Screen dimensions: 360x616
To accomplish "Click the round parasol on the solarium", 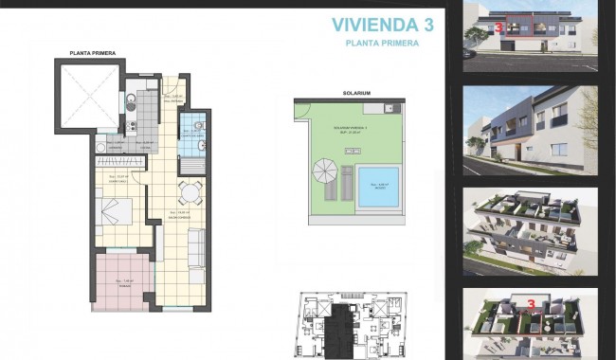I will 325,172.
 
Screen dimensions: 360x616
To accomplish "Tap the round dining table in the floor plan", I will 191,192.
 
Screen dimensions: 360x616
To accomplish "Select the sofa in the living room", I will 197,248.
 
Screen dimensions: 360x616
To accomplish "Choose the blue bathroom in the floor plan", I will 192,129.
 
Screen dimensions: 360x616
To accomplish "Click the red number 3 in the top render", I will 498,28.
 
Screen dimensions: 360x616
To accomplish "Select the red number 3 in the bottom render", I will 532,305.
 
